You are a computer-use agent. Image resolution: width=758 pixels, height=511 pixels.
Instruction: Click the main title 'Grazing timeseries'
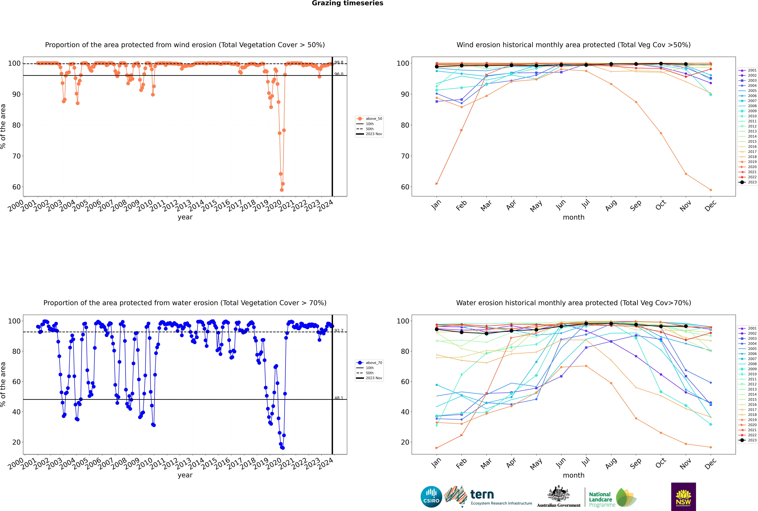tap(347, 3)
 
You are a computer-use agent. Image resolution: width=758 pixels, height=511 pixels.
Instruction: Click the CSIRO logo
tap(431, 497)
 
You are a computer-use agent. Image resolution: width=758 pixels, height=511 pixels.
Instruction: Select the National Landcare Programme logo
tap(612, 498)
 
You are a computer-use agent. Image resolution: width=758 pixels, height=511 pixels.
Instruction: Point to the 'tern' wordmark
tap(482, 495)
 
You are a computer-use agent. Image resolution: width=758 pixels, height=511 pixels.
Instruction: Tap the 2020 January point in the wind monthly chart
tap(437, 184)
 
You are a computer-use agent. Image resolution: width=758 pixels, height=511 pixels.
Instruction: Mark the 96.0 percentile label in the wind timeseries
tap(339, 74)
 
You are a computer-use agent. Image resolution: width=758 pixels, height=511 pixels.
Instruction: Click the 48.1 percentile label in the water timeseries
tap(339, 398)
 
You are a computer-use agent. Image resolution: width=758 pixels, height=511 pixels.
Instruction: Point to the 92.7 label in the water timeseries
tap(339, 330)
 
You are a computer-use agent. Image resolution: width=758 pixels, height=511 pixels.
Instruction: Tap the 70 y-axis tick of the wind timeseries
tap(16, 156)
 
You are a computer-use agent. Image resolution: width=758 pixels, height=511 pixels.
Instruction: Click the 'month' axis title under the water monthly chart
tap(574, 475)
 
